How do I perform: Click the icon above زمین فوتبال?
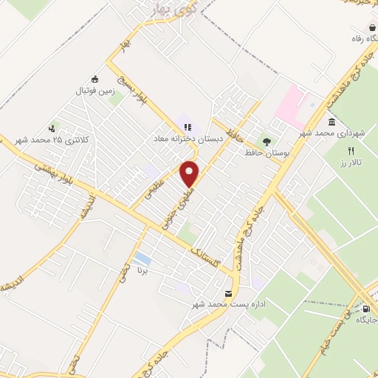coord(94,78)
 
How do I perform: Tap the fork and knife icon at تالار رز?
coord(351,150)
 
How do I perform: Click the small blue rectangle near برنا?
coord(142,260)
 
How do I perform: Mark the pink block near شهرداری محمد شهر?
coord(289,103)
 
